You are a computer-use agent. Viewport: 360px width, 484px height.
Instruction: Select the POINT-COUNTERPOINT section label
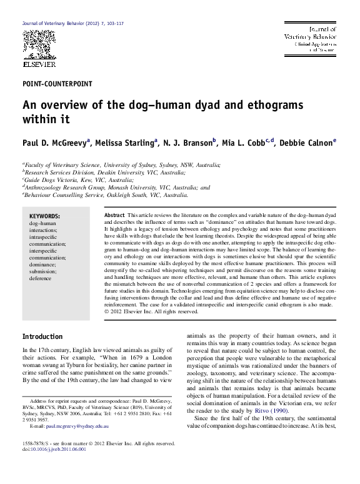coord(57,83)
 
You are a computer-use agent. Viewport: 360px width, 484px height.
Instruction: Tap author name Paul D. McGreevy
coord(54,143)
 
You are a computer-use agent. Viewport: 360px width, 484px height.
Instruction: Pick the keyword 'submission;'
coord(44,271)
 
